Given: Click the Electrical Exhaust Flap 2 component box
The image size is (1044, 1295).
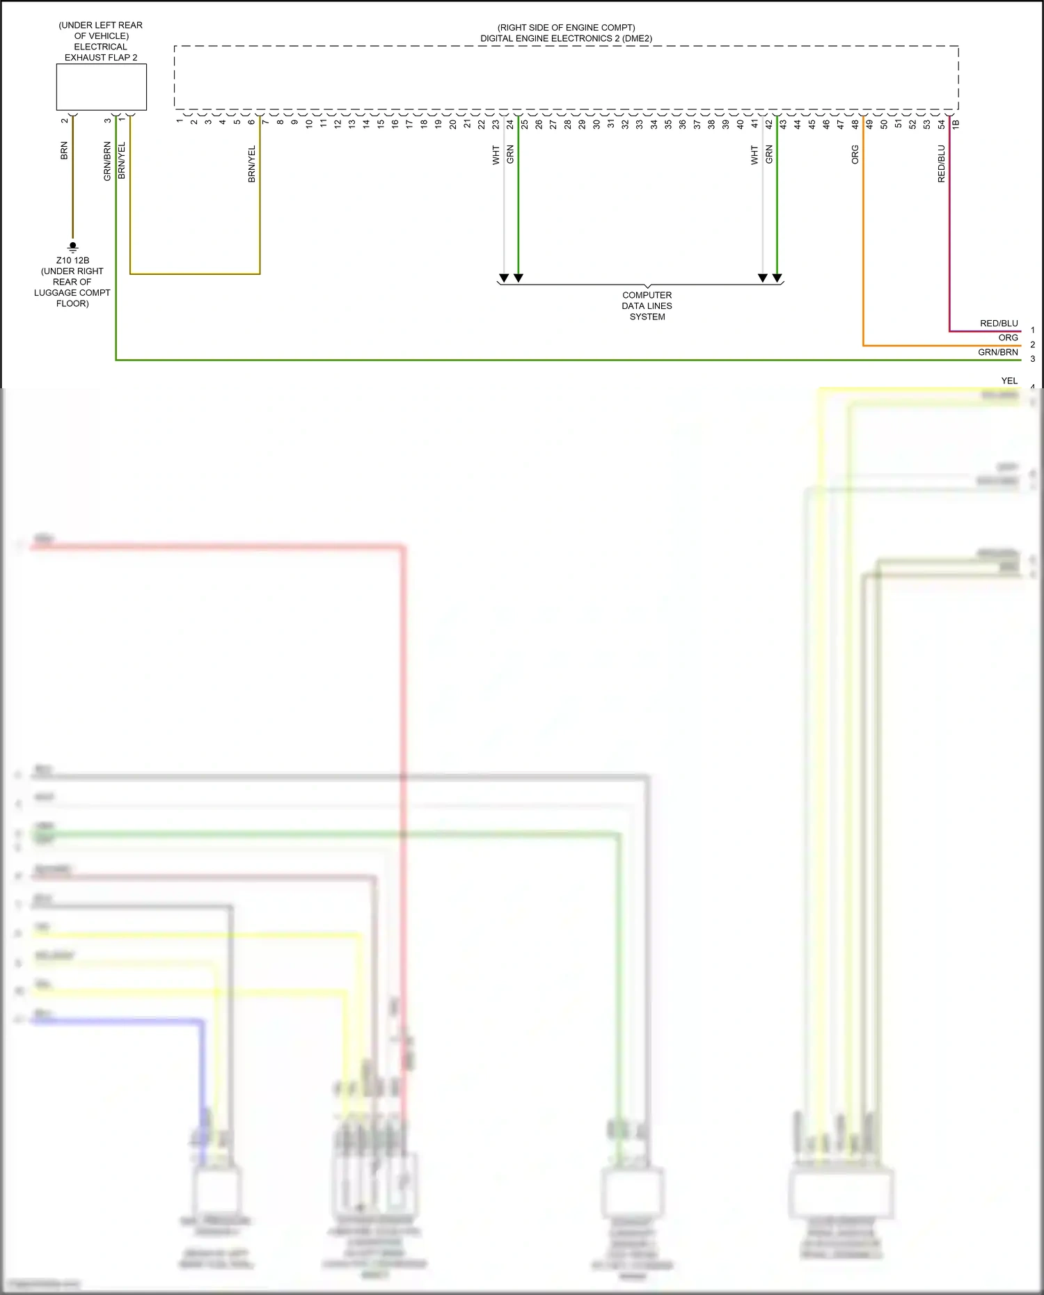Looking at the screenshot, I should coord(101,87).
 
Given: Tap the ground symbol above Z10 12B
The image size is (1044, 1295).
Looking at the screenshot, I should coord(72,246).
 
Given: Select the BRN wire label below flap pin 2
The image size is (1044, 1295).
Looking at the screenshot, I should coord(64,151).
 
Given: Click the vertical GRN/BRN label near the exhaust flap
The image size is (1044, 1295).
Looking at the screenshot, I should coord(107,161).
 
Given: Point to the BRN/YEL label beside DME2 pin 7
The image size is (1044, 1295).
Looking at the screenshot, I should coord(252,164).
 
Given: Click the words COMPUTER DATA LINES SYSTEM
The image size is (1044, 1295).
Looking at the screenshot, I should coord(647,305).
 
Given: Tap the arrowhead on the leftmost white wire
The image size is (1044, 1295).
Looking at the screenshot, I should coord(504,278).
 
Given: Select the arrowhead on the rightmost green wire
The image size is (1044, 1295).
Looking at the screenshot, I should coord(777,278).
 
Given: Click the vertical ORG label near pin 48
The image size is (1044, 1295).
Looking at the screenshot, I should coord(855,154).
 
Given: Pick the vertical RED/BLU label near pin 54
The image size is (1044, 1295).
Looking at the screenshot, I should coord(941,164).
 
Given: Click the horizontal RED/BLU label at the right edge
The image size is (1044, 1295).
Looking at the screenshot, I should coord(999,324).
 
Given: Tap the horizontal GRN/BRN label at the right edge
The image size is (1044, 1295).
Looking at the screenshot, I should coord(997,352).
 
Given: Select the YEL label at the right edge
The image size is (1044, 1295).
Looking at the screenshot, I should coord(1009,381).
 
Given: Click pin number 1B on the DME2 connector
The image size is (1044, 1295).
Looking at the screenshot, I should coord(956,124).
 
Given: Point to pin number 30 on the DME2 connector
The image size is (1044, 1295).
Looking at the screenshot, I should coord(596,124).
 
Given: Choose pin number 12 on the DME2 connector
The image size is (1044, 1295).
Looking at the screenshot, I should coord(338,124).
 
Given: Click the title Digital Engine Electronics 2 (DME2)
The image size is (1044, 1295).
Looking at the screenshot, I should coord(566,38).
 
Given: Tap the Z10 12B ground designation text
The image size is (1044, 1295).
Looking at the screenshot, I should coord(72,260).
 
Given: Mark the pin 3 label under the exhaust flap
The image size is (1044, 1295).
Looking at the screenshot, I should coord(108,120).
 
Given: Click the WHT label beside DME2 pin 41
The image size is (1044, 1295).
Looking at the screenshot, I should coord(754,154).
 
